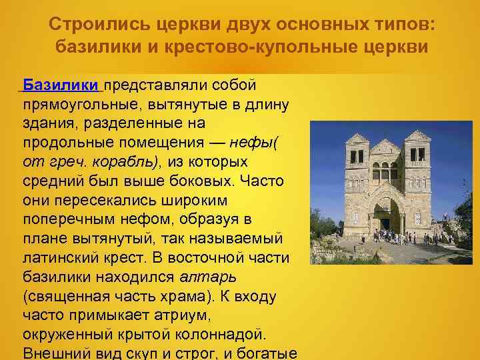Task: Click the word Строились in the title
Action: [x=98, y=26]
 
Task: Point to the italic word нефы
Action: [x=243, y=143]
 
